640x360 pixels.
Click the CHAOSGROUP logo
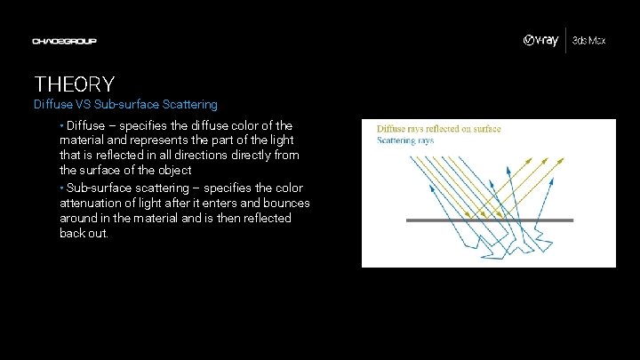coord(64,41)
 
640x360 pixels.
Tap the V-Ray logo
coord(540,41)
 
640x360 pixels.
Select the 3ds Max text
coord(588,41)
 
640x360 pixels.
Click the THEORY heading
coord(75,84)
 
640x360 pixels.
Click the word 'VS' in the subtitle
coord(90,104)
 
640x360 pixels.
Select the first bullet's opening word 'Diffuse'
coord(85,125)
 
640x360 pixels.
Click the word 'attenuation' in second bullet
coord(93,203)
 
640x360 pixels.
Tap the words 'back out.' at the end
coord(84,233)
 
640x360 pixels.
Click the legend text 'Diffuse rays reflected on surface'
coord(439,129)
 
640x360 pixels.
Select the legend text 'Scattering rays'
coord(405,140)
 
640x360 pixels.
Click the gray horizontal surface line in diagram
coord(489,220)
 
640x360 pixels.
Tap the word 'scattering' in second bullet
coord(152,188)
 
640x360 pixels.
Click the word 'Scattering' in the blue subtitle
coord(188,104)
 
